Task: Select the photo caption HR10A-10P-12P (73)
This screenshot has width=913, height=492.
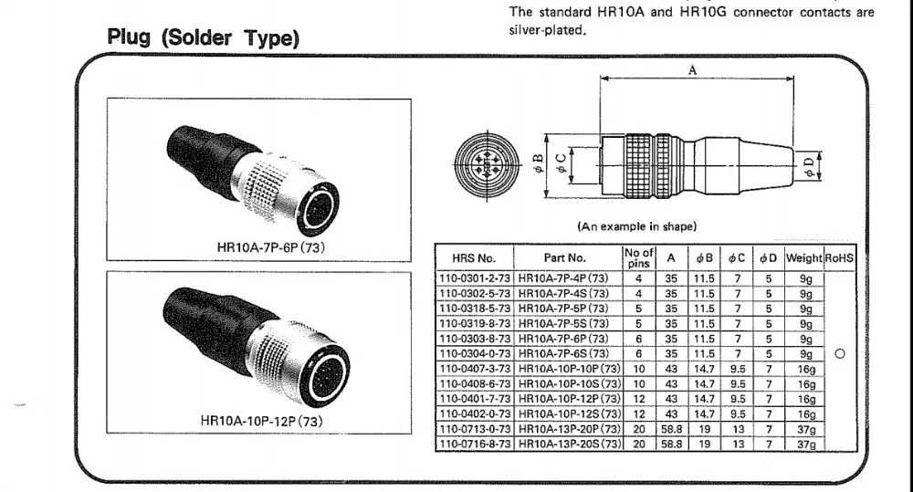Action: pyautogui.click(x=261, y=422)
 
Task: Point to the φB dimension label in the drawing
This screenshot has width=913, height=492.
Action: pyautogui.click(x=540, y=164)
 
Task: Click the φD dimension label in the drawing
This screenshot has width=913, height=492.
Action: pyautogui.click(x=809, y=164)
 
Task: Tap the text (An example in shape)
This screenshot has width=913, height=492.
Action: pyautogui.click(x=636, y=225)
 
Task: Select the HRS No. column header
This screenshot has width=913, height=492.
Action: pyautogui.click(x=475, y=258)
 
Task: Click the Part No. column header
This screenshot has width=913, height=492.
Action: pyautogui.click(x=566, y=258)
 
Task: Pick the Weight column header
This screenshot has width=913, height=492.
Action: pyautogui.click(x=804, y=258)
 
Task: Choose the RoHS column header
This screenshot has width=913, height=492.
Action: pyautogui.click(x=839, y=258)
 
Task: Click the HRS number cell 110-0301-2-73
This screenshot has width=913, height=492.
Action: pyautogui.click(x=475, y=279)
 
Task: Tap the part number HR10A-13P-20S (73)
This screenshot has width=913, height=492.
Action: pyautogui.click(x=568, y=444)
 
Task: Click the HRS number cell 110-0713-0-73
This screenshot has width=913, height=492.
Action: pyautogui.click(x=475, y=429)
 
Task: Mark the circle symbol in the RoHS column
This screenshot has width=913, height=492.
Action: pyautogui.click(x=839, y=354)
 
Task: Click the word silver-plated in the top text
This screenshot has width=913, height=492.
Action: pyautogui.click(x=546, y=29)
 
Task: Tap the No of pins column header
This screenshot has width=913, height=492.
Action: pyautogui.click(x=638, y=257)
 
